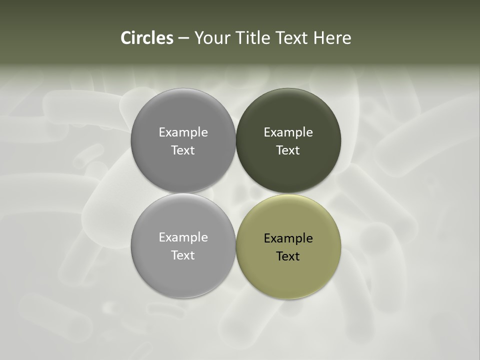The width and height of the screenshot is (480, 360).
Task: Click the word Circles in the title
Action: [147, 38]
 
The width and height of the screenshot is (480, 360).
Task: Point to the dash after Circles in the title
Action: [183, 38]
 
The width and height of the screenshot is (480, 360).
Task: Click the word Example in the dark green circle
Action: [288, 132]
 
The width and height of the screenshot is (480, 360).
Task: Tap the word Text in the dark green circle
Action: [288, 150]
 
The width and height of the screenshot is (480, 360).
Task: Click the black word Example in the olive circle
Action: [288, 238]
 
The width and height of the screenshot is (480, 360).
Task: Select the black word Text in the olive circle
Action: [288, 256]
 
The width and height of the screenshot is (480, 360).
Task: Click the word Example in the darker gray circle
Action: [183, 132]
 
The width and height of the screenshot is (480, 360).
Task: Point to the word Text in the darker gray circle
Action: [183, 150]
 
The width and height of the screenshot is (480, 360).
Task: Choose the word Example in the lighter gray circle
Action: [183, 237]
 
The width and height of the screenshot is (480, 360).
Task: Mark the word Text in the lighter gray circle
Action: [183, 255]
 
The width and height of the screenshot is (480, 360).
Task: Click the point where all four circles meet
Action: [236, 193]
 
